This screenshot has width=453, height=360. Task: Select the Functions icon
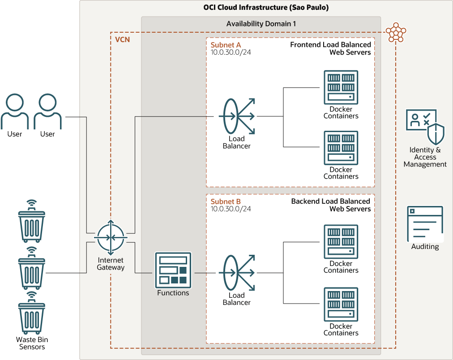tap(173, 270)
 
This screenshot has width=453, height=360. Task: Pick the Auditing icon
tap(425, 224)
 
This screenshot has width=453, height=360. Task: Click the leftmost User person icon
tap(15, 111)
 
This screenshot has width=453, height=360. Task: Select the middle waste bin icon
tap(31, 269)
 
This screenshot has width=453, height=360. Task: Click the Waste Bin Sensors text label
tap(32, 343)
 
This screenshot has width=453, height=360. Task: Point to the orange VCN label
tap(123, 39)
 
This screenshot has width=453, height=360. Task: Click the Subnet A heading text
tap(226, 45)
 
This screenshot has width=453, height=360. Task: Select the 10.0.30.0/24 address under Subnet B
tap(231, 209)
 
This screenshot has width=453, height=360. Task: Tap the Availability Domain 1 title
tap(261, 24)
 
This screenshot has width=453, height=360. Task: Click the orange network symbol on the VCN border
tap(396, 32)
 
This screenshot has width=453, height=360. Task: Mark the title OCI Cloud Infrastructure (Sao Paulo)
tap(266, 8)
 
